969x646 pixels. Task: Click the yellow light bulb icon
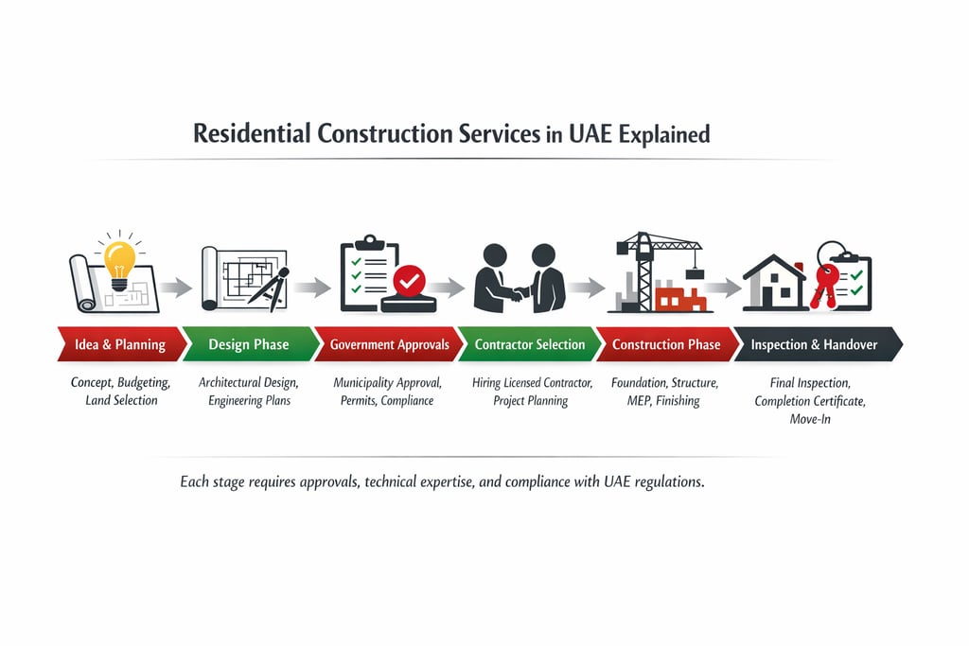(120, 260)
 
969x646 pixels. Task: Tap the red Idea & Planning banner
(119, 344)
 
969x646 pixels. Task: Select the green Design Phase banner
(249, 344)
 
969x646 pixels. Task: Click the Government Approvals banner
(389, 344)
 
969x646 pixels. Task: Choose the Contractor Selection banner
(530, 344)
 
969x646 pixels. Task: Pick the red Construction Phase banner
(666, 344)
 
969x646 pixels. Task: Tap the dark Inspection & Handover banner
(814, 344)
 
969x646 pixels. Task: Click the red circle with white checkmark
(410, 280)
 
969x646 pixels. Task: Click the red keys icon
(824, 279)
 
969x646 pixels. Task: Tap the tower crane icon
(653, 265)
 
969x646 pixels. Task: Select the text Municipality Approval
(387, 383)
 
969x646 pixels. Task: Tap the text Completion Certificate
(810, 401)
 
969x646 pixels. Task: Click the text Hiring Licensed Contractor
(532, 383)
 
